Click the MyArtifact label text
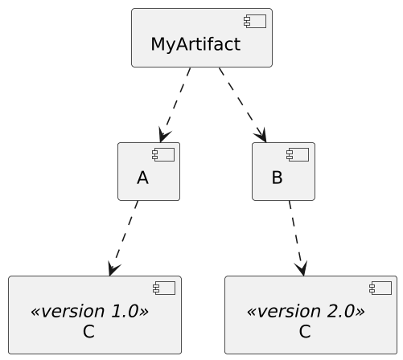[195, 44]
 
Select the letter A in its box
[142, 178]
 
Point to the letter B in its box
[277, 178]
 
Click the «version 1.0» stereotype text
[88, 311]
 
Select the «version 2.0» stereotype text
[305, 311]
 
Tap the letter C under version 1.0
[88, 331]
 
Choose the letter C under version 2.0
[305, 331]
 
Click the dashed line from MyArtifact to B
[239, 100]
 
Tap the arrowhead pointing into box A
[165, 136]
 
